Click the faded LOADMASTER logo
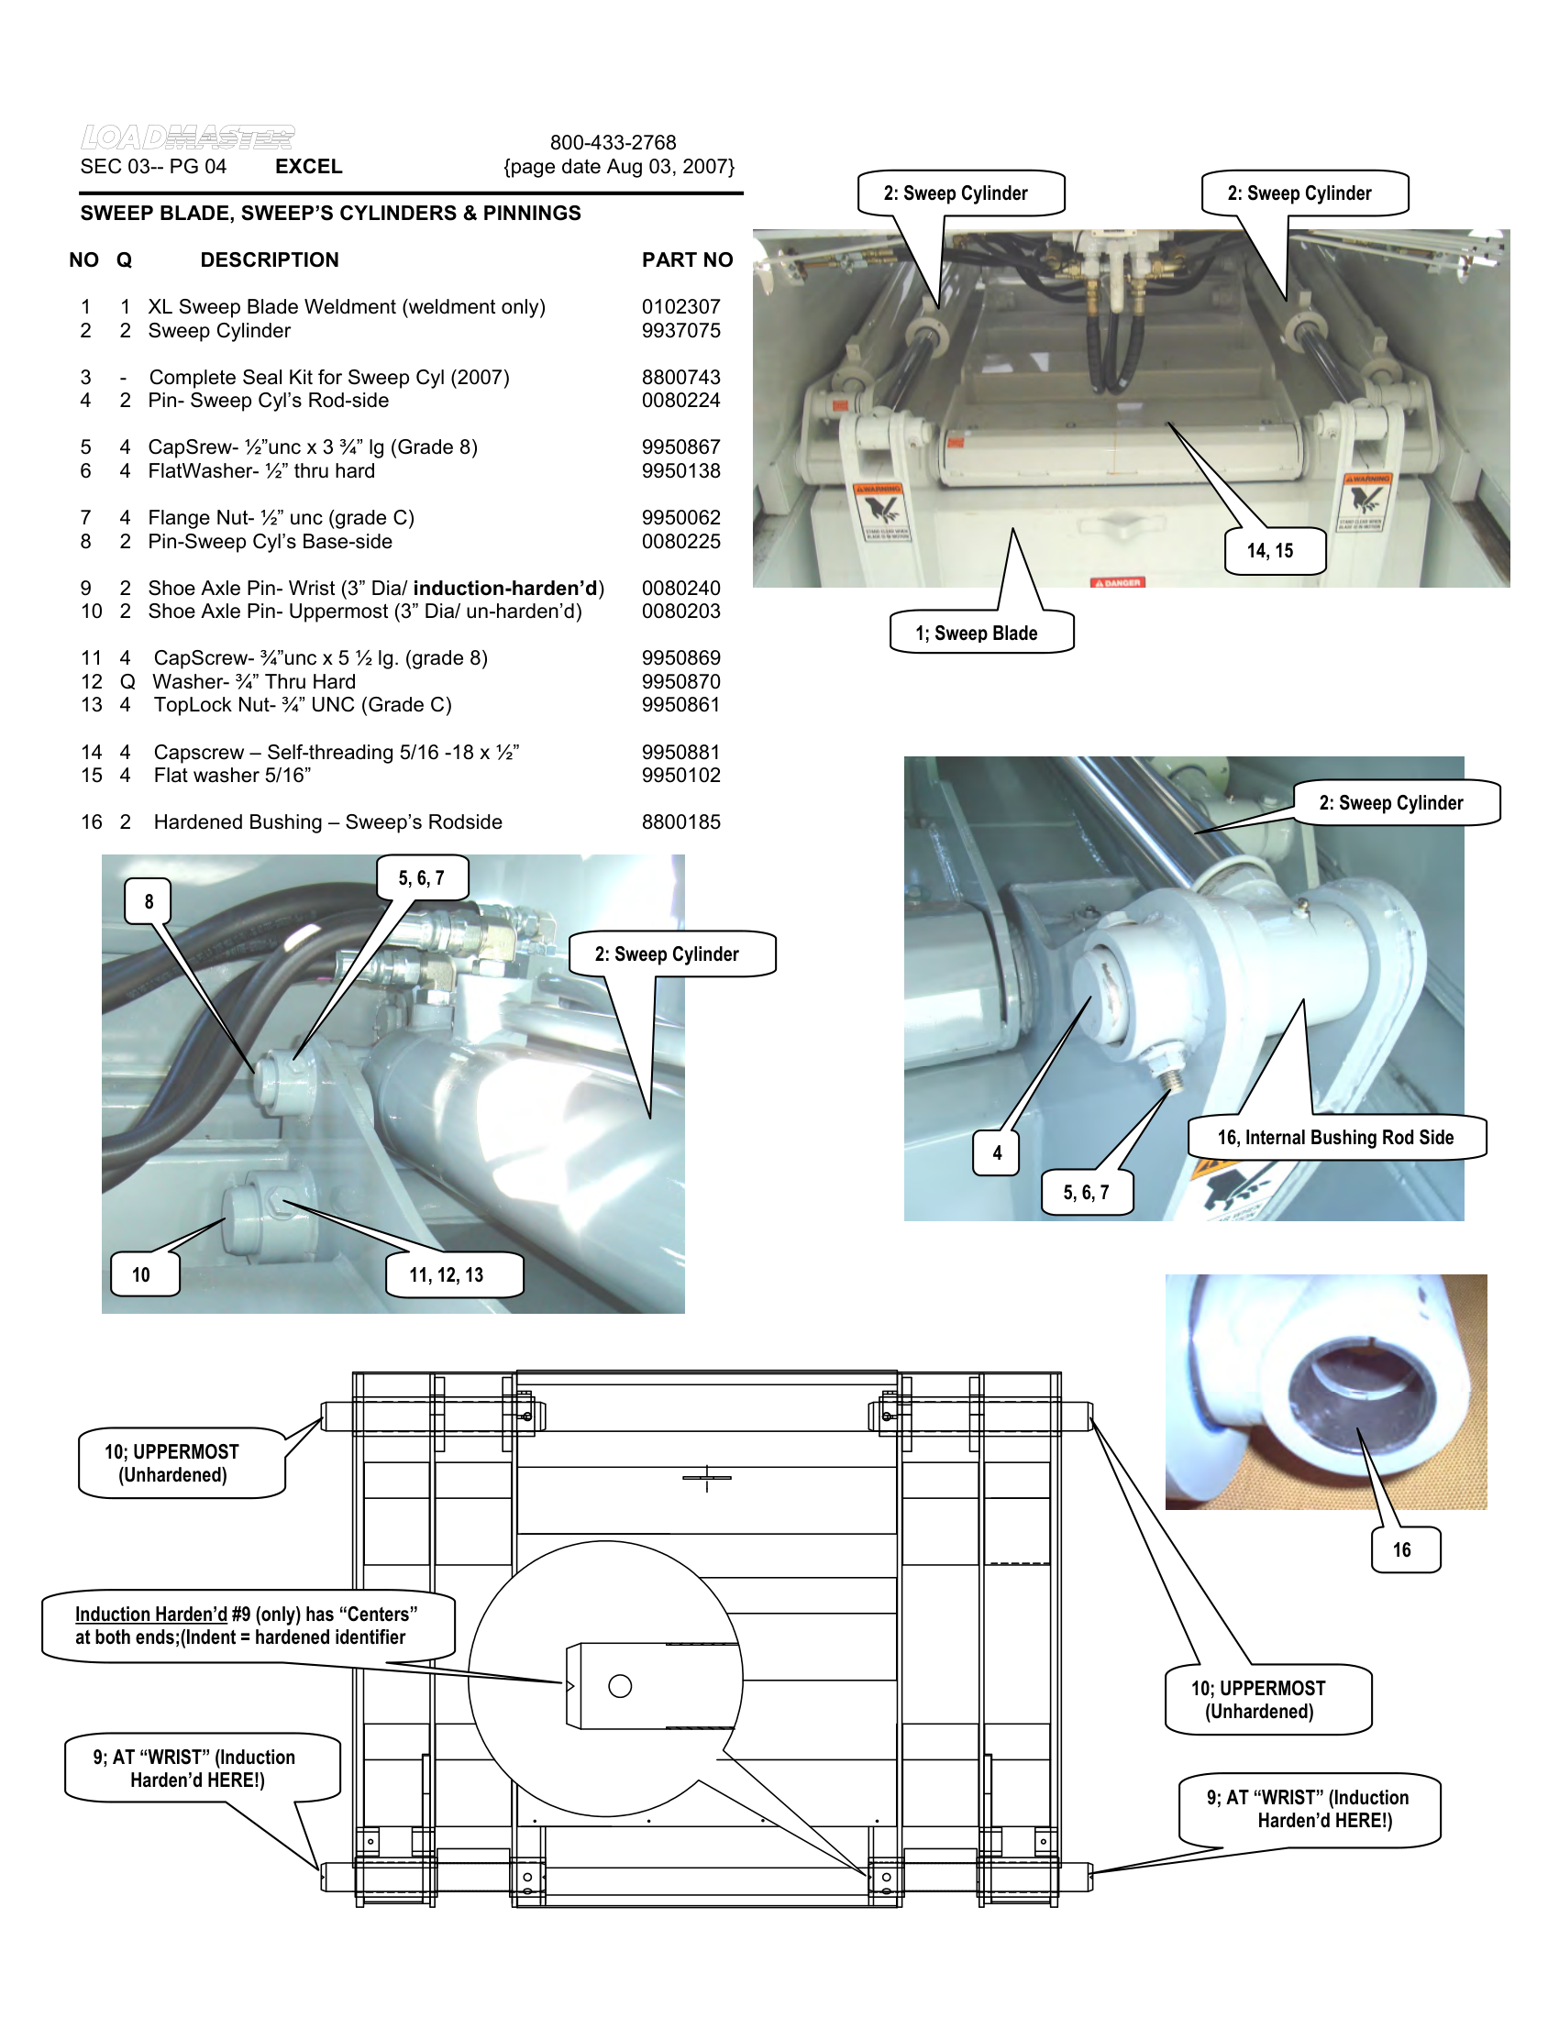click(x=187, y=138)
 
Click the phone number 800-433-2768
click(x=614, y=142)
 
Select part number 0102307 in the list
click(x=680, y=306)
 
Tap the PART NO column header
click(x=687, y=260)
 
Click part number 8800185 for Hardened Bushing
click(x=680, y=822)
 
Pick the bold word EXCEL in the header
click(x=308, y=166)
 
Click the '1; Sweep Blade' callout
click(x=980, y=633)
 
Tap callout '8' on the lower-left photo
click(x=149, y=901)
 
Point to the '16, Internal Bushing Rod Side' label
click(x=1335, y=1137)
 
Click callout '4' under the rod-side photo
click(x=997, y=1152)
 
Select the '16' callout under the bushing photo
click(x=1402, y=1549)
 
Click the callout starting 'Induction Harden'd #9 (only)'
click(x=246, y=1625)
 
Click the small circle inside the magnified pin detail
click(x=620, y=1686)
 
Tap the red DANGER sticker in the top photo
click(x=1119, y=583)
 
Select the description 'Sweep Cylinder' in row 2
click(x=219, y=331)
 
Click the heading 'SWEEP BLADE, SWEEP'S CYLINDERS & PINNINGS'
click(x=331, y=214)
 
